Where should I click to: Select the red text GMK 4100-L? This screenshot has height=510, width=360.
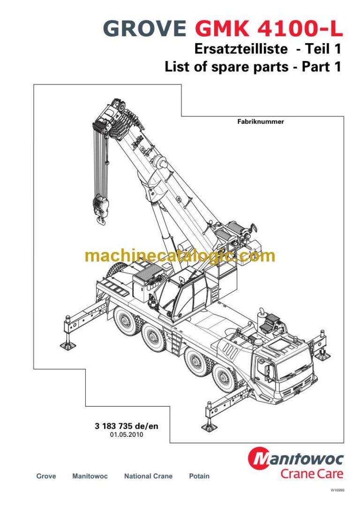click(x=269, y=29)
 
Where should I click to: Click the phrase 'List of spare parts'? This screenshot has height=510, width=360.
click(x=226, y=67)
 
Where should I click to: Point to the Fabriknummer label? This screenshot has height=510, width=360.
click(x=261, y=122)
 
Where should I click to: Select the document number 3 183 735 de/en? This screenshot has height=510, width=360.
click(x=127, y=426)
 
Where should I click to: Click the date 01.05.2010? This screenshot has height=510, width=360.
click(x=127, y=435)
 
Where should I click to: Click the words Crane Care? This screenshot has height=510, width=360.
click(x=312, y=473)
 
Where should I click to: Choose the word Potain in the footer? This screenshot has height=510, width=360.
click(x=199, y=476)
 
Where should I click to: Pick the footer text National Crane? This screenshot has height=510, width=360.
click(x=148, y=476)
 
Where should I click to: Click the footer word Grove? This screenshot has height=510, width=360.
click(x=46, y=476)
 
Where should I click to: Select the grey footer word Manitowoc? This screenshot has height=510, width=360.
click(x=90, y=476)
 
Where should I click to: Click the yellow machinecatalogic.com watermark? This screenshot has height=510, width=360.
click(x=180, y=256)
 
